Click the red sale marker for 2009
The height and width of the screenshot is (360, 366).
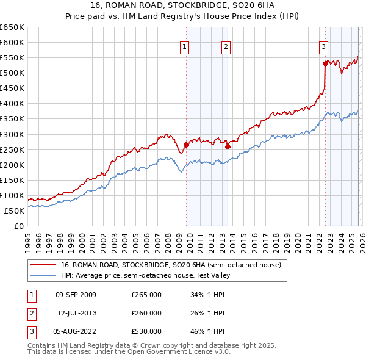point(186,145)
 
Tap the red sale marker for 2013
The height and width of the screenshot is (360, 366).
point(228,146)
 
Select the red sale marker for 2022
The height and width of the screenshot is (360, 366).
point(325,63)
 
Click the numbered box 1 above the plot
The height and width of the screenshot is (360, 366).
point(184,46)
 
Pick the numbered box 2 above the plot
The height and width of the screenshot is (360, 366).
point(226,46)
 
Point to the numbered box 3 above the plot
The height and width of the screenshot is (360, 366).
point(323,46)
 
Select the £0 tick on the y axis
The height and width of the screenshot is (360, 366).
point(20,226)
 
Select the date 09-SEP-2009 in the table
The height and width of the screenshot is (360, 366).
point(76,295)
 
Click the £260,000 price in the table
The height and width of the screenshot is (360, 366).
point(146,313)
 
